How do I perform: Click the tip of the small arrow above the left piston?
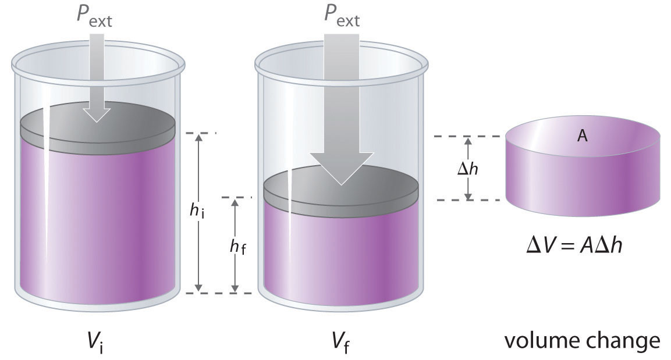coord(97,122)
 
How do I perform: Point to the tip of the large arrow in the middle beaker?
coord(342,185)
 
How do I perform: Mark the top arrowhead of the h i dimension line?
coord(198,134)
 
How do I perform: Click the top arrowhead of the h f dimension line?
coord(235,199)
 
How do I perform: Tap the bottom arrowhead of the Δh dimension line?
coord(468,199)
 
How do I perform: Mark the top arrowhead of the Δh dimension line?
coord(468,138)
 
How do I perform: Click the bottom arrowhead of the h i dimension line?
coord(198,291)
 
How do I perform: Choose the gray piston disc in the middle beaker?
coord(340,191)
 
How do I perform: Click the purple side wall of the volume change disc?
coord(583,184)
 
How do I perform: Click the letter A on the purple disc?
coord(582,136)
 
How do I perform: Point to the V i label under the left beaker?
coord(96,342)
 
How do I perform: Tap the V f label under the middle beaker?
coord(341,342)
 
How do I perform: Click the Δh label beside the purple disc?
coord(468,169)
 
